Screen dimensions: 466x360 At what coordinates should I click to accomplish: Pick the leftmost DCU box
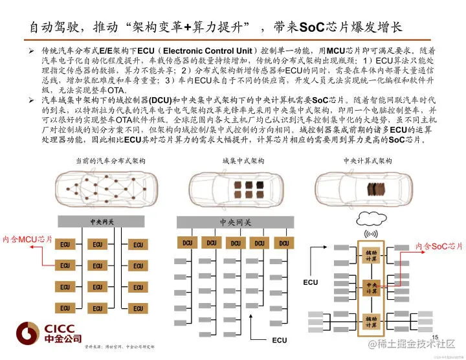(x=187, y=243)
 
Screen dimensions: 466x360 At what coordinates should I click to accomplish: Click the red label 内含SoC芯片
(x=439, y=246)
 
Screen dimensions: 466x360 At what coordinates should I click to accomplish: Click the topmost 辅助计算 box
(x=371, y=255)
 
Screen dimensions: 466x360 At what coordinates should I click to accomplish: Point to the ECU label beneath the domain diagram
(x=279, y=340)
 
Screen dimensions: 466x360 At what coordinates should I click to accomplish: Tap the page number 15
(x=435, y=337)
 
